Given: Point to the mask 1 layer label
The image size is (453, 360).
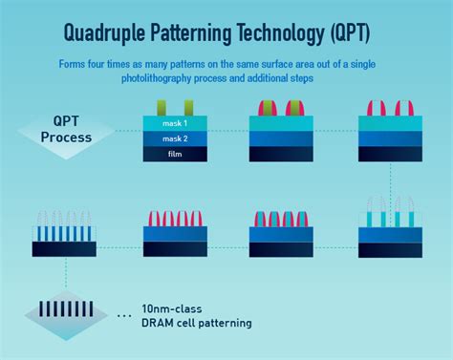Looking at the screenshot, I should pyautogui.click(x=175, y=123).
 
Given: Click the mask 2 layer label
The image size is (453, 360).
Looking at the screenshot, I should pyautogui.click(x=175, y=138).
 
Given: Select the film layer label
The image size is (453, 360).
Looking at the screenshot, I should pyautogui.click(x=175, y=154).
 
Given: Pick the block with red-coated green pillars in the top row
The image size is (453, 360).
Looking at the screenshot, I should pyautogui.click(x=283, y=130).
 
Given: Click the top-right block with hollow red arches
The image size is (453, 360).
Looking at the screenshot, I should pyautogui.click(x=390, y=130).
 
